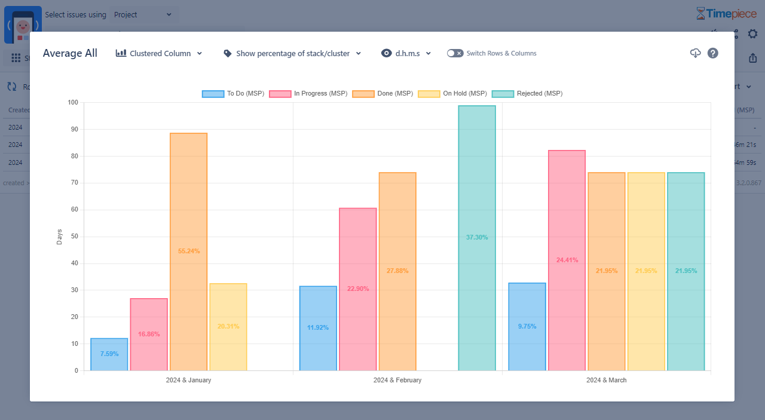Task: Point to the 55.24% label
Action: pos(189,251)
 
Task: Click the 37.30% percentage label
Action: pos(477,237)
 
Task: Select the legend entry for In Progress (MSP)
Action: pos(308,94)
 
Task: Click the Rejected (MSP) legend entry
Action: pos(527,94)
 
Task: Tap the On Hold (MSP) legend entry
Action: pos(452,94)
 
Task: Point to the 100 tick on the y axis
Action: pos(73,103)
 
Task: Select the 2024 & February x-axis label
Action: pos(397,380)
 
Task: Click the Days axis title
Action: pos(59,237)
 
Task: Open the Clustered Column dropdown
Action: pos(160,53)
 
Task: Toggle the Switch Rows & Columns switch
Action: pos(455,53)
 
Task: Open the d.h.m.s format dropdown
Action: pos(406,53)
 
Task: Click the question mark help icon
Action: pos(713,53)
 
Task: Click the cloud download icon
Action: pos(695,53)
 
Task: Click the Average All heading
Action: pos(70,53)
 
